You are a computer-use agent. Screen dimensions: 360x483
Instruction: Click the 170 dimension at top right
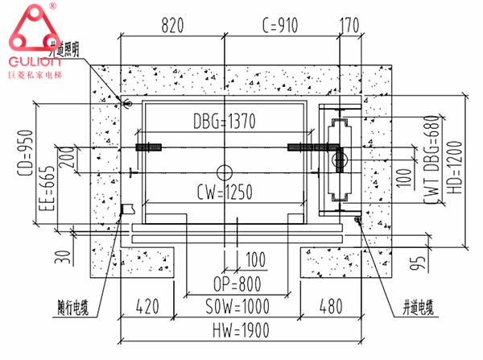pos(349,25)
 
